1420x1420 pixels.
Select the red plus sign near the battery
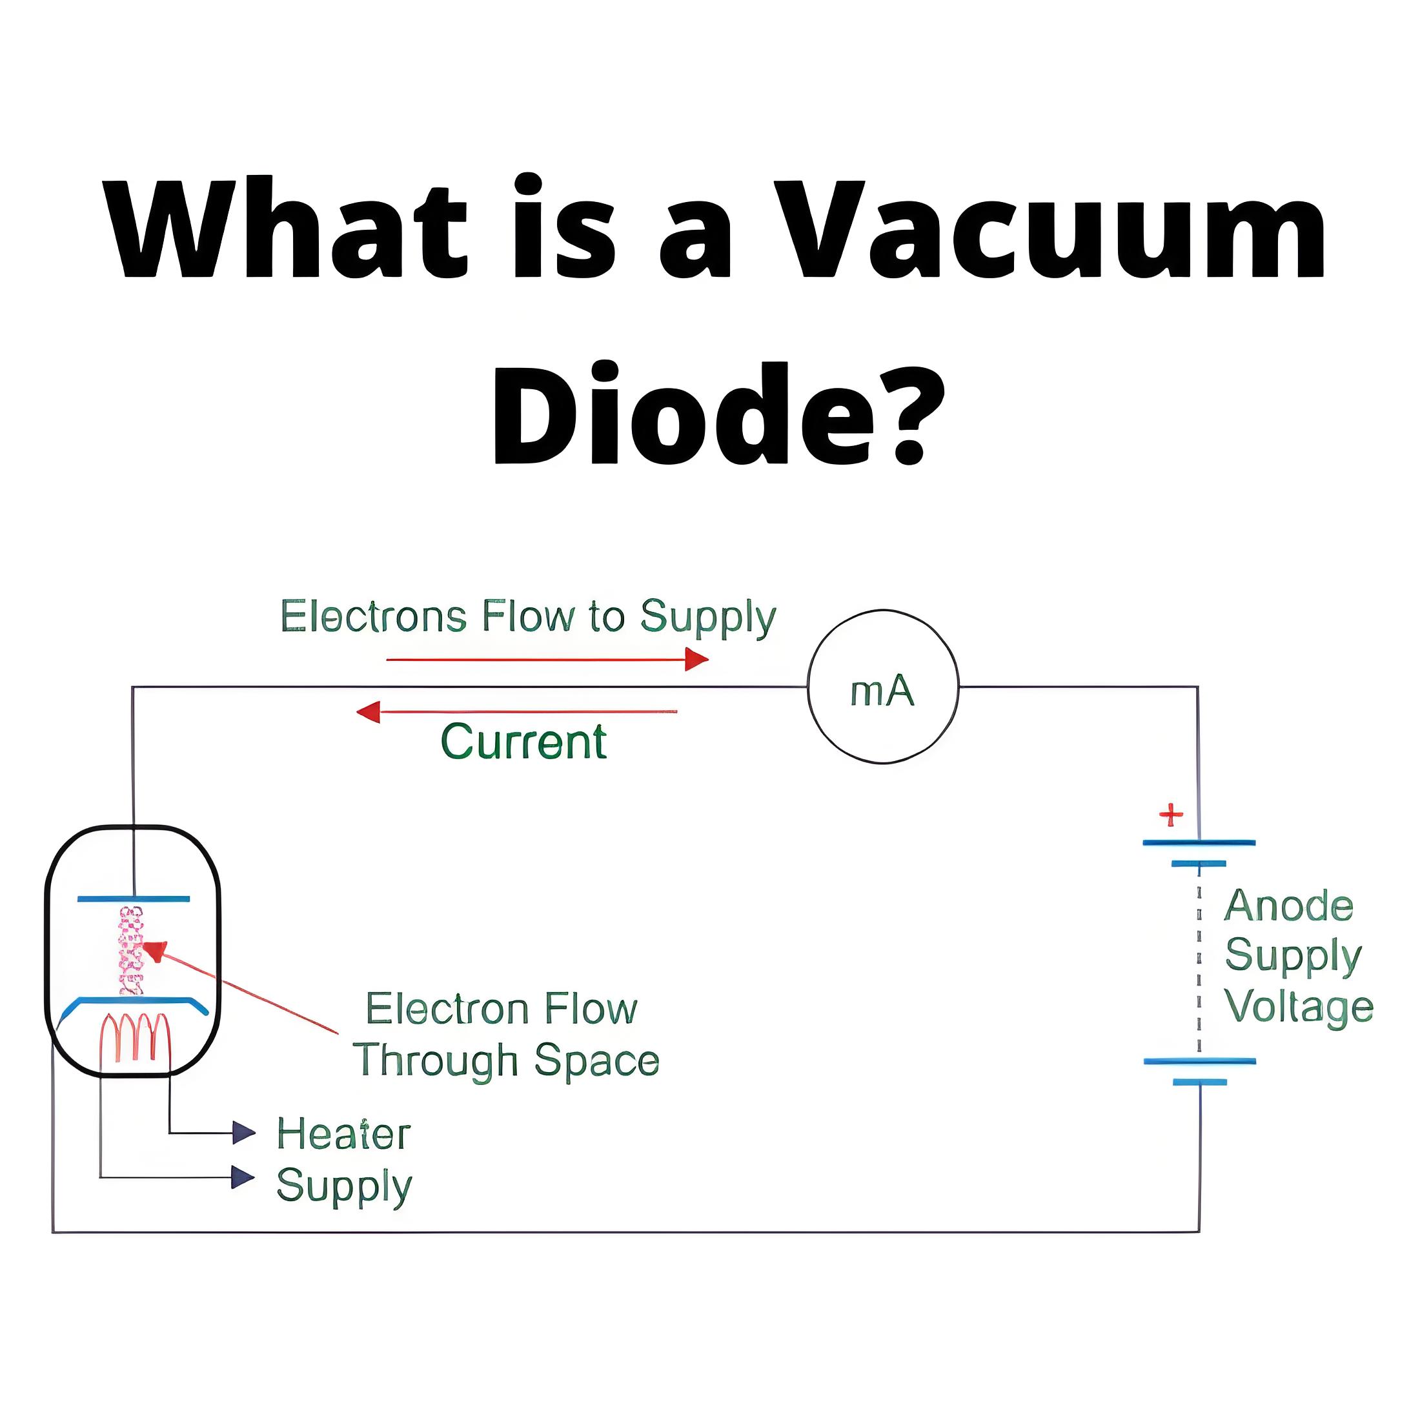tap(1171, 815)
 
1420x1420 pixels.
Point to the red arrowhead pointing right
tap(696, 659)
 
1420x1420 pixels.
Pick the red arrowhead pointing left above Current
tap(368, 711)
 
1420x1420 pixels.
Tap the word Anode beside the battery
tap(1288, 906)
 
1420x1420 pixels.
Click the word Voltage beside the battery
tap(1299, 1006)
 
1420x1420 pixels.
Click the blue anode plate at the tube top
tap(133, 898)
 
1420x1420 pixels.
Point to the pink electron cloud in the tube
tap(132, 950)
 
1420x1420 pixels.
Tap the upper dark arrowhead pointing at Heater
tap(243, 1133)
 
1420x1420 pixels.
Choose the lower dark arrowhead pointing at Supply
tap(243, 1177)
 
